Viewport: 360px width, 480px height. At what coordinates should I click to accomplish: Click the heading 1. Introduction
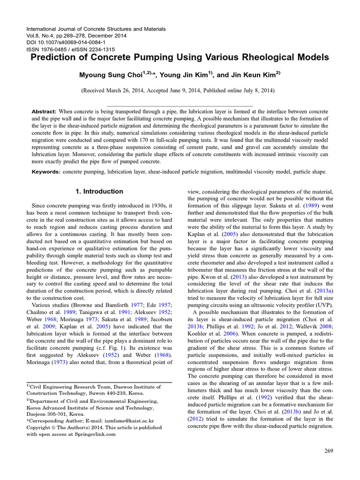pos(99,191)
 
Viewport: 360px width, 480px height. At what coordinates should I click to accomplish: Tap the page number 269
pos(328,451)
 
